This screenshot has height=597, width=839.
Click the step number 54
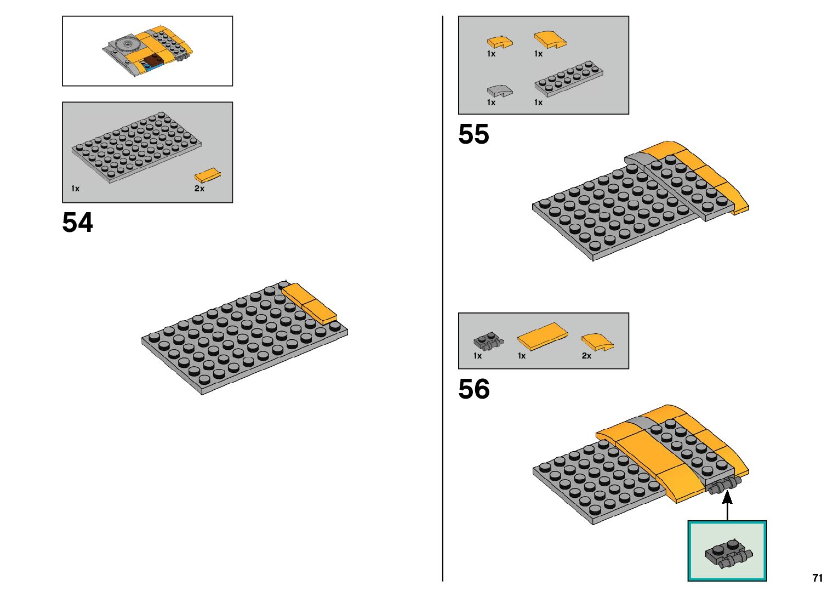tap(78, 223)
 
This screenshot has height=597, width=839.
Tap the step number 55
tap(473, 134)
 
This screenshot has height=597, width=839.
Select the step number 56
tap(473, 389)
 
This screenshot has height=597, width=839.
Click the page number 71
tap(818, 578)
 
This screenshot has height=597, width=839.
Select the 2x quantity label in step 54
tap(199, 189)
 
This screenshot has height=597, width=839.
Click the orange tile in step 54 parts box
tap(208, 175)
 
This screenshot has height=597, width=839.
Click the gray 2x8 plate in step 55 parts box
tap(569, 78)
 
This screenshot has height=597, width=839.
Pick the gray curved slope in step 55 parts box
tap(499, 90)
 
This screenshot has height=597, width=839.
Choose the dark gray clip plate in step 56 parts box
tap(488, 342)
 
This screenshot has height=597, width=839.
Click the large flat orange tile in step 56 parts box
tap(543, 336)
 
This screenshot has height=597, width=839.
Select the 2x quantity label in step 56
tap(586, 356)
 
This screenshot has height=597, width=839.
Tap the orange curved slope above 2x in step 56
tap(597, 342)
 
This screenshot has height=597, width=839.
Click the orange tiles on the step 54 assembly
tap(310, 303)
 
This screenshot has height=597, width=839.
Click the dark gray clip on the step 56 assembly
tap(725, 486)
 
